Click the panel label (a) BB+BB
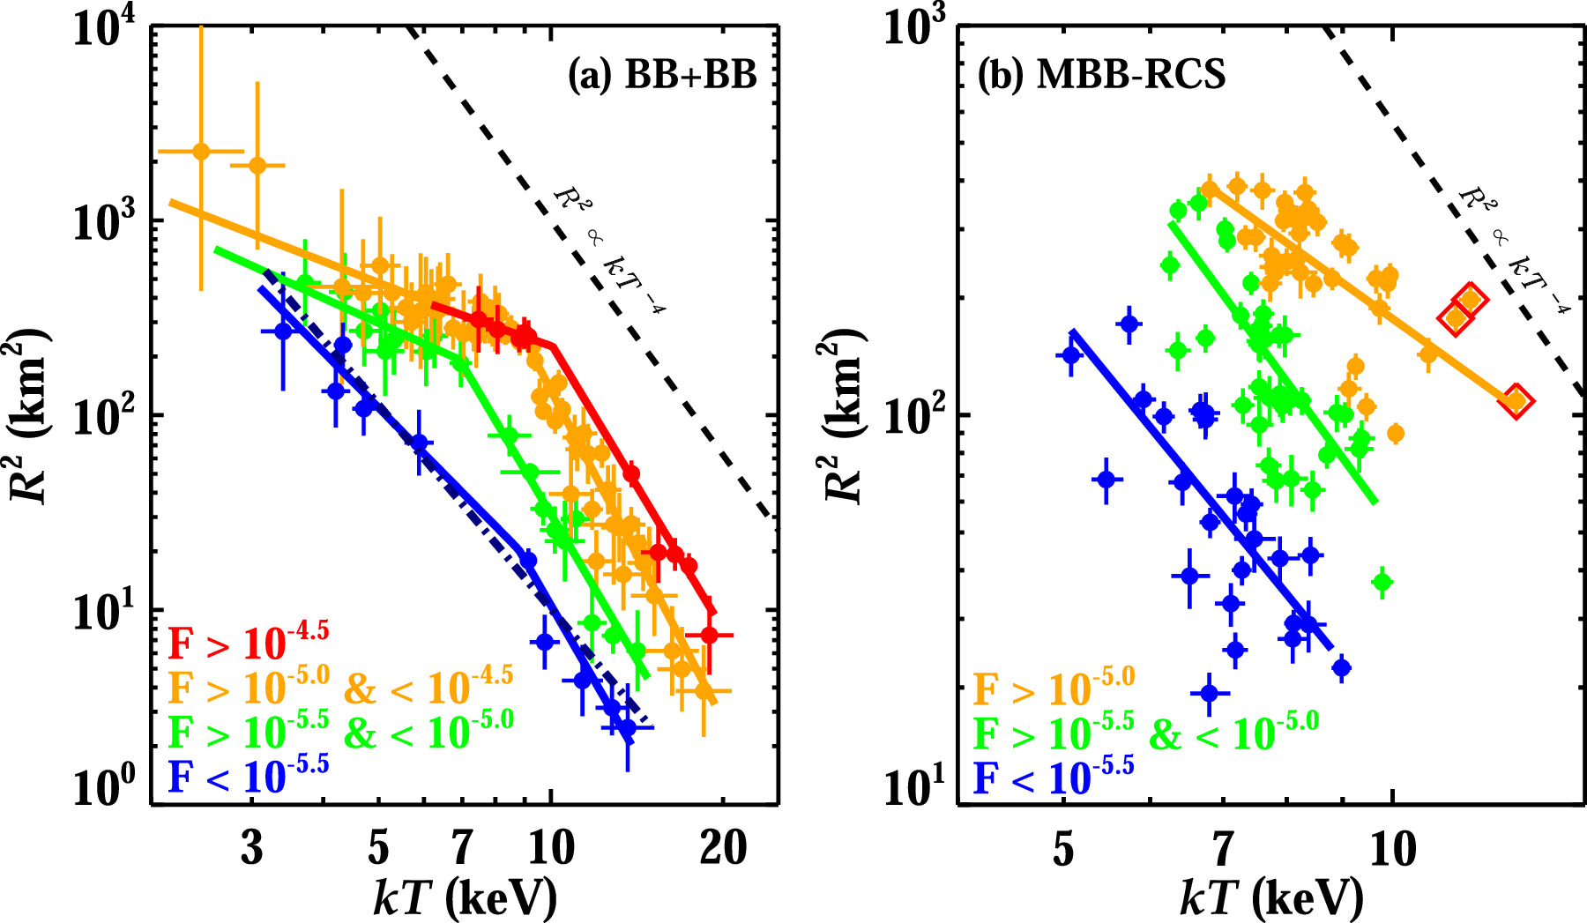pyautogui.click(x=662, y=76)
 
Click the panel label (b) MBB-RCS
pyautogui.click(x=1101, y=76)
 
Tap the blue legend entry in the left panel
pyautogui.click(x=248, y=776)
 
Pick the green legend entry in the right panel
pyautogui.click(x=1145, y=733)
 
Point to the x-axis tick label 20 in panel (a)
pyautogui.click(x=723, y=848)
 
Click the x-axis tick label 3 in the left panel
pyautogui.click(x=252, y=848)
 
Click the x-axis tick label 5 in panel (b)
pyautogui.click(x=1063, y=848)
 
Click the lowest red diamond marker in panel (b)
pyautogui.click(x=1516, y=401)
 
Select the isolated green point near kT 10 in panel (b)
pyautogui.click(x=1382, y=581)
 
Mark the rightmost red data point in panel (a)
pyautogui.click(x=709, y=635)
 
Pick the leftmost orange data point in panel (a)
pyautogui.click(x=201, y=151)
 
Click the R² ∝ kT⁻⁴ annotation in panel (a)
pyautogui.click(x=609, y=250)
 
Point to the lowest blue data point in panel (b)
pyautogui.click(x=1209, y=694)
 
